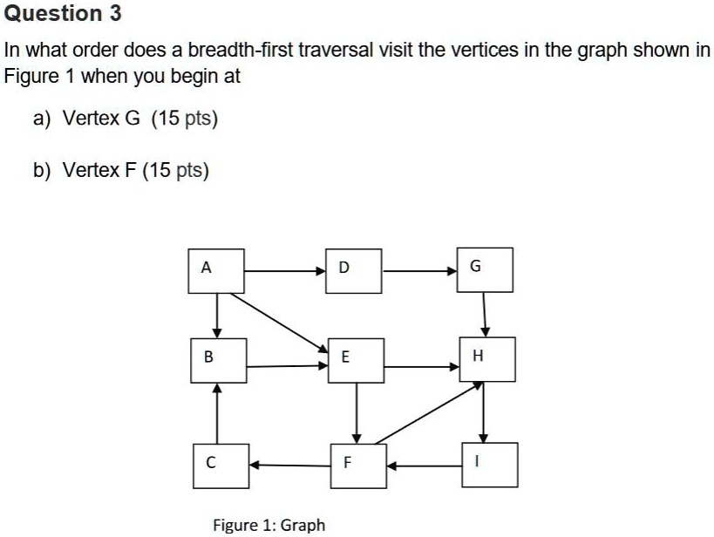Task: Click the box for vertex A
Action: click(x=217, y=269)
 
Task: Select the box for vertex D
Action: click(x=355, y=269)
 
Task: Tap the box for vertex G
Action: click(x=486, y=269)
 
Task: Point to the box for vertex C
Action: click(x=220, y=464)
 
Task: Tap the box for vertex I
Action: click(x=490, y=465)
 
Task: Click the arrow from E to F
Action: click(x=357, y=413)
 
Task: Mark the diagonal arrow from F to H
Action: click(x=427, y=414)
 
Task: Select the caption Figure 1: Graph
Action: click(x=269, y=524)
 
